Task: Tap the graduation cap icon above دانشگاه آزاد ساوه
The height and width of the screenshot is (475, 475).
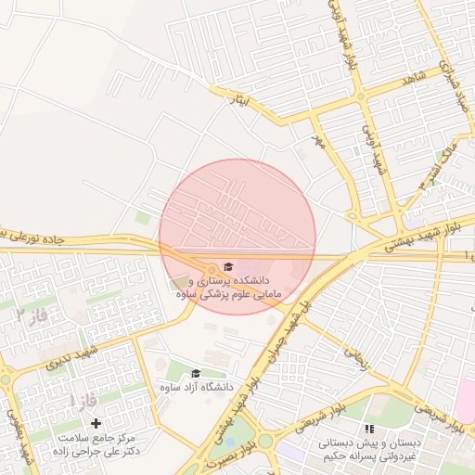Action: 195,373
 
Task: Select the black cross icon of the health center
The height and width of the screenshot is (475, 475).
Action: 96,423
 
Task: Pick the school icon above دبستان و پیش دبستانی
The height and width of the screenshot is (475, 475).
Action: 369,429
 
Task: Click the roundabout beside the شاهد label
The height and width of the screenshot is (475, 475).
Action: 360,96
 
